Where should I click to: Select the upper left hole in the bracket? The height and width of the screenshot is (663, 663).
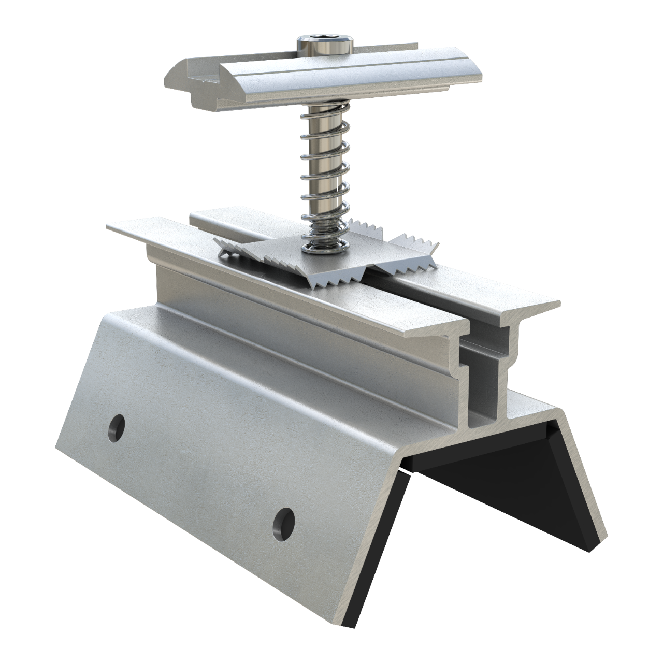[x=118, y=426]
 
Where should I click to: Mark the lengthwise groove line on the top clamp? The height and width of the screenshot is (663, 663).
[x=337, y=65]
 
